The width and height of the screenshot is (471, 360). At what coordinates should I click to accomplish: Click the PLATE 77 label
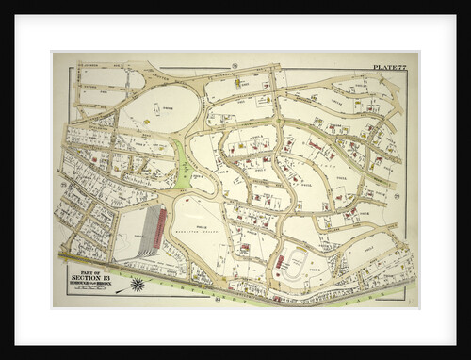(390, 67)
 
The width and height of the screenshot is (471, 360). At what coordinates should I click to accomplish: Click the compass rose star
(138, 284)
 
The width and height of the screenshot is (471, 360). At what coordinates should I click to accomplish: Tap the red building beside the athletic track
(279, 259)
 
